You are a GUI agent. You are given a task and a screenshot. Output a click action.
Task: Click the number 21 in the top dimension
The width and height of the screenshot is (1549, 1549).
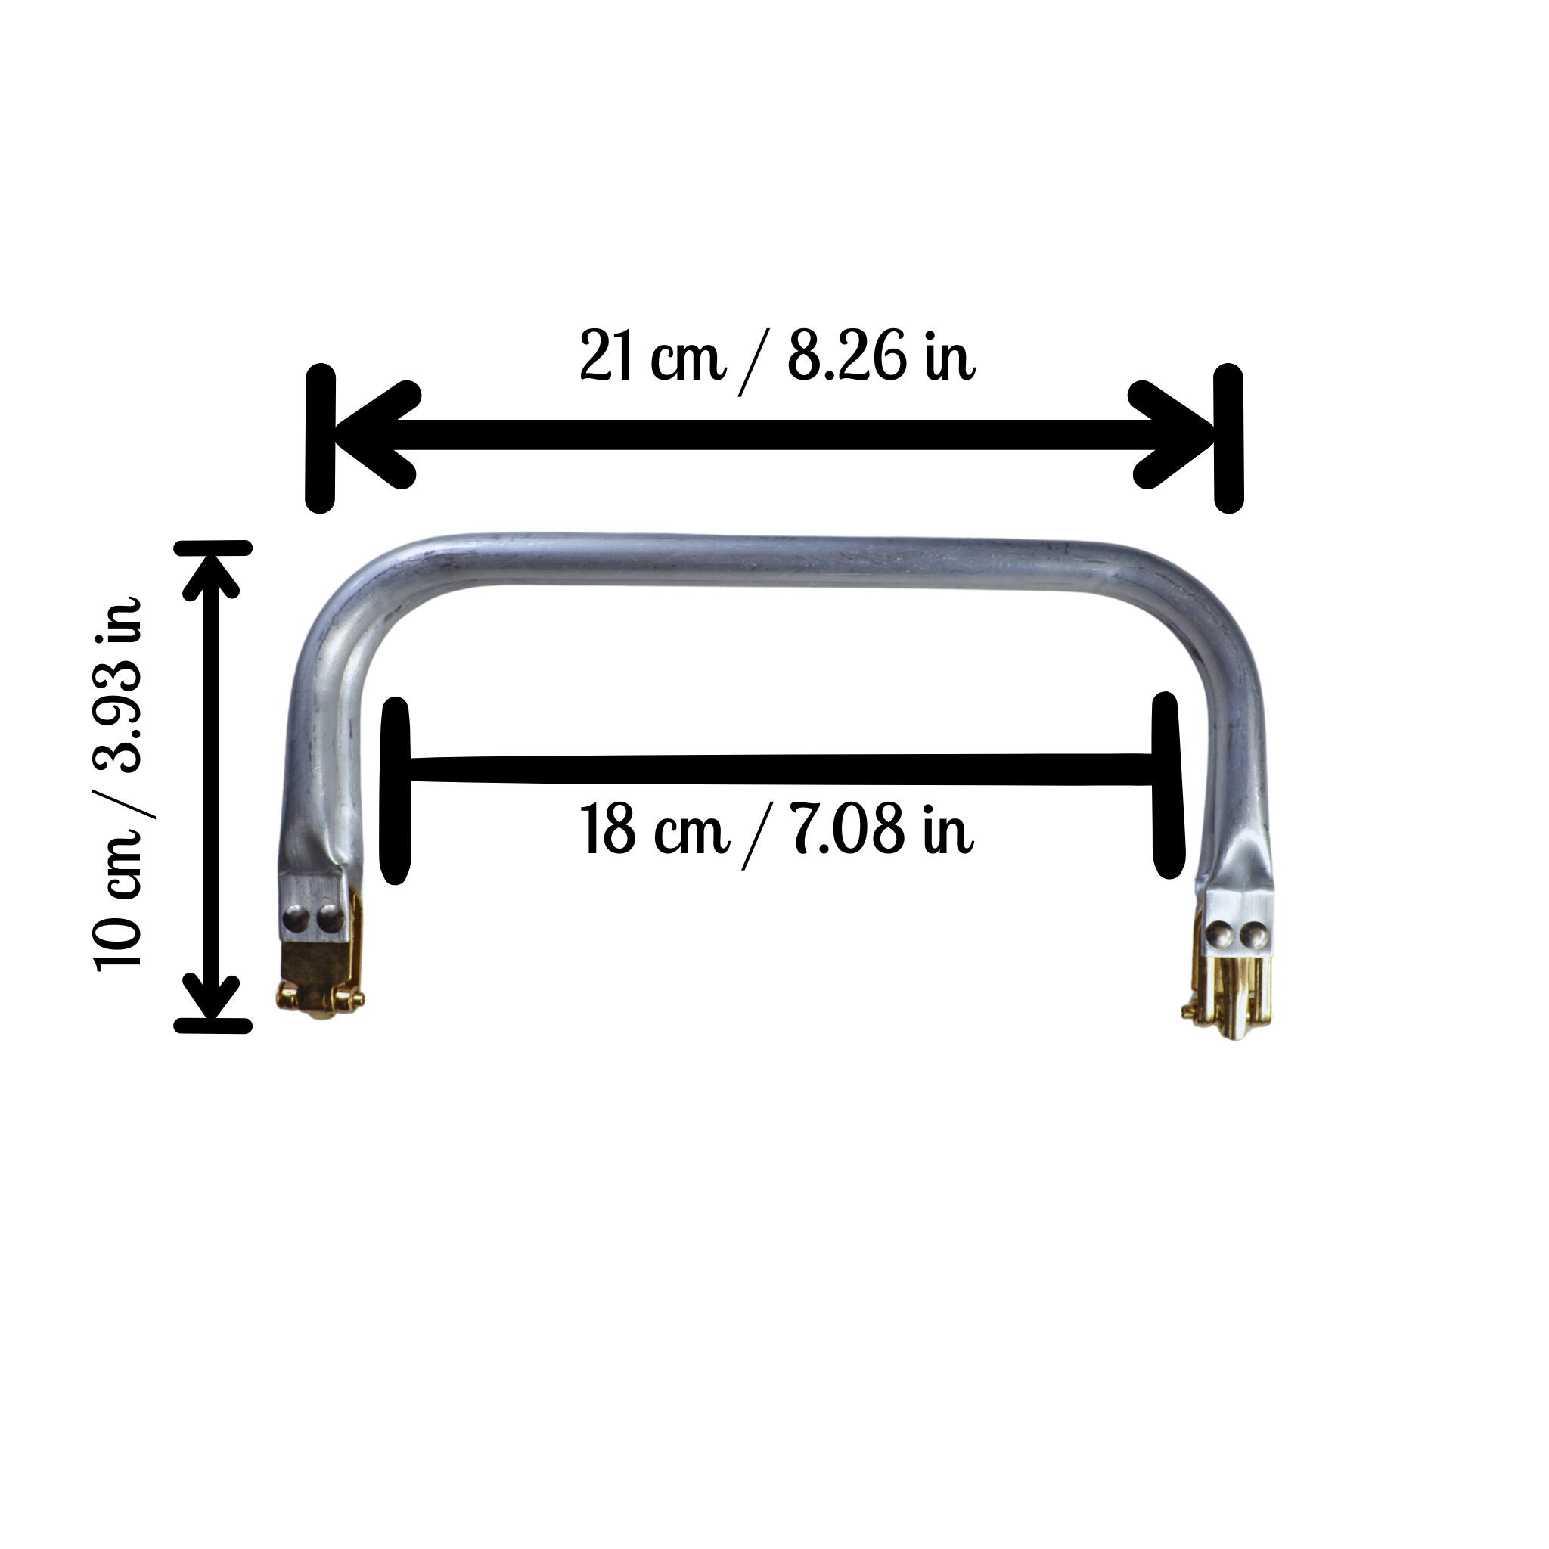[606, 355]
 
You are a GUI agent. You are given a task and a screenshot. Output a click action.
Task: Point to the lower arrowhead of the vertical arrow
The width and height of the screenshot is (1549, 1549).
[213, 996]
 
